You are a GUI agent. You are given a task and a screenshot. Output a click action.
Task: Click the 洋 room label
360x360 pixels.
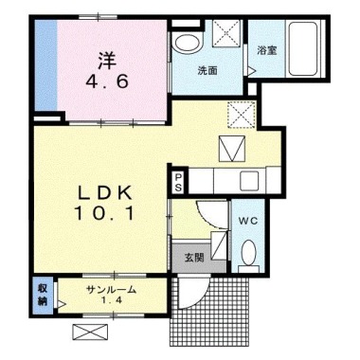point(107,61)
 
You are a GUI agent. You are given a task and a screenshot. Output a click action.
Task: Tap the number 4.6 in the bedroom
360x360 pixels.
point(107,82)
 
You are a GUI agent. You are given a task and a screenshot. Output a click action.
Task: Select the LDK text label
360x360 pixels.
point(105,192)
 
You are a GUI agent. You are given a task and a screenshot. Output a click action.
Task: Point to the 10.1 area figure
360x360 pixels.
point(104,213)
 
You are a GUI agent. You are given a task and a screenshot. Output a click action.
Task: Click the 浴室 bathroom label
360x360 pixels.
point(267,50)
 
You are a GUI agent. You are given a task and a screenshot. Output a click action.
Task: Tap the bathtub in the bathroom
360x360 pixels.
point(303,48)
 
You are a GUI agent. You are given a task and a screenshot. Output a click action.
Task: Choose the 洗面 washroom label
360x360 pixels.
point(207,71)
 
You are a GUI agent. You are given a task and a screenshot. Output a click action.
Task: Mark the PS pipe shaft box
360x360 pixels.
point(178,182)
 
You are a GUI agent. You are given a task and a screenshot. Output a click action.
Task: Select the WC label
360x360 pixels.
point(248,221)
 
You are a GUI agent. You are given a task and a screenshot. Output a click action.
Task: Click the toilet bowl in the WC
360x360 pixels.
point(248,252)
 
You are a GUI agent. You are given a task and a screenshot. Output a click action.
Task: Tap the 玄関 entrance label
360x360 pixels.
point(194,258)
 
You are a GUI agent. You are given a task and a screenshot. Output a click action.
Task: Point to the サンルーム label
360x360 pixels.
point(112,289)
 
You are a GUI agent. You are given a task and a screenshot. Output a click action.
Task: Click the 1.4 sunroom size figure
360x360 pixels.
point(112,300)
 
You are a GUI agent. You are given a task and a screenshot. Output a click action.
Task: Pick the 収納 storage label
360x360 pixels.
point(43,295)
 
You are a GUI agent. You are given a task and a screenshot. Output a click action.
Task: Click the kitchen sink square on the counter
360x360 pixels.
point(249,181)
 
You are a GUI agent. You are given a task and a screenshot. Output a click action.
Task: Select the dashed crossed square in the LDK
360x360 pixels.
point(242,115)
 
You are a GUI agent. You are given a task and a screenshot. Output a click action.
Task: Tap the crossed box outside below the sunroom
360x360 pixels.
point(90,333)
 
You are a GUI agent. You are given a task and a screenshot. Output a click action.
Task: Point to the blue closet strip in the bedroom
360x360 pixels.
point(45,65)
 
